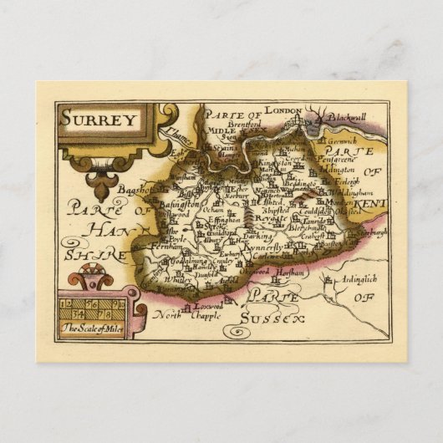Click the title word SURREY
(99, 119)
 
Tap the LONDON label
(282, 109)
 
